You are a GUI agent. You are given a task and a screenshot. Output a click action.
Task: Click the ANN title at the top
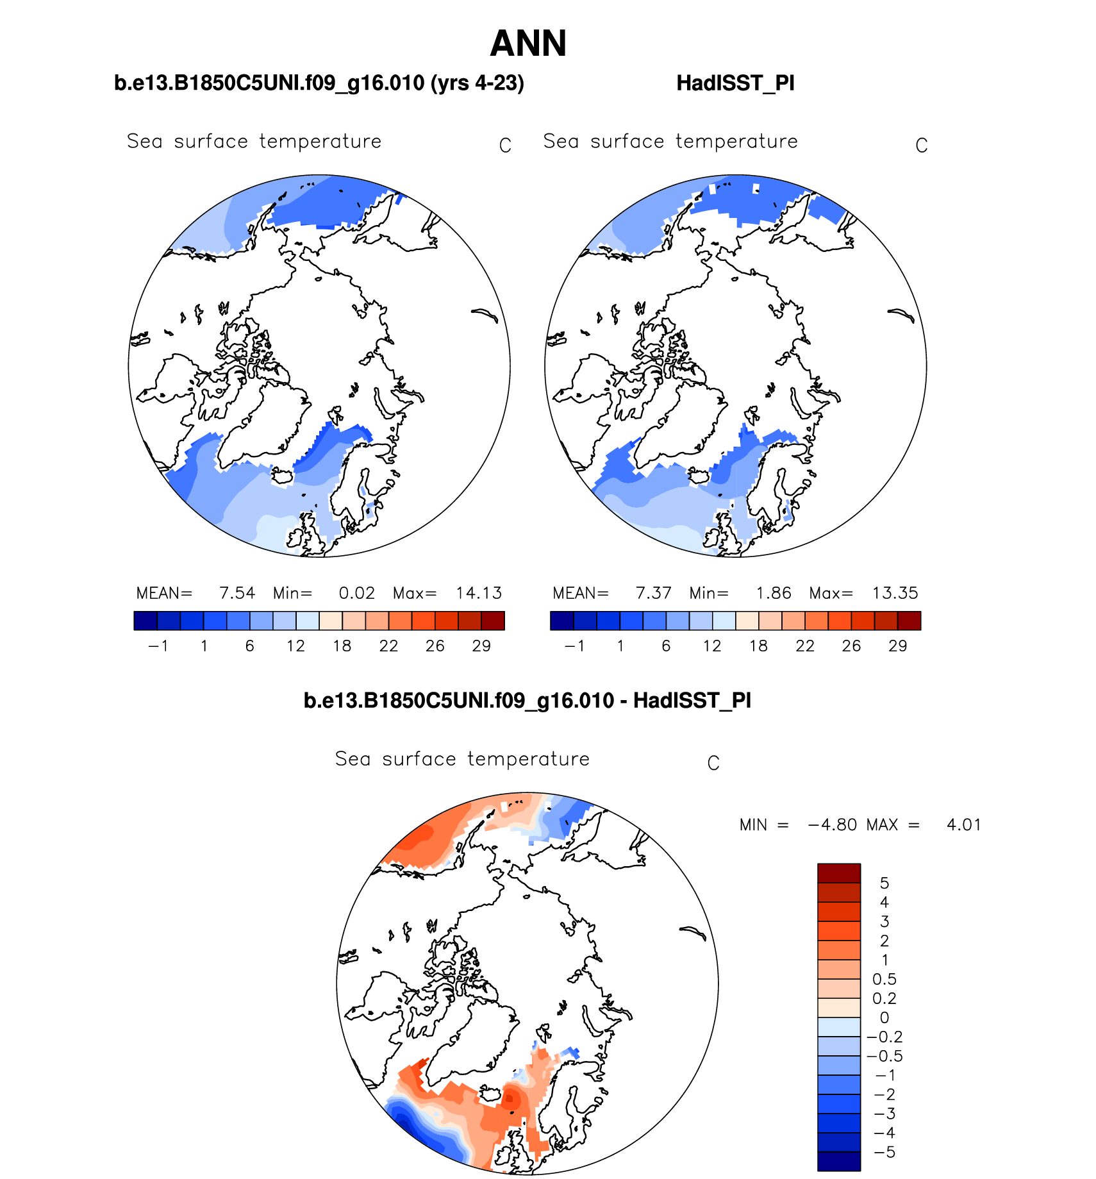click(528, 44)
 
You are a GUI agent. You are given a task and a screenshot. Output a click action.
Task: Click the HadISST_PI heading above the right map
click(735, 83)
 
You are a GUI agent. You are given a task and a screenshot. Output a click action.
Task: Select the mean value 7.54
click(237, 593)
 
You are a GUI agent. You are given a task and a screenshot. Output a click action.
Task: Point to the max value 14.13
click(479, 593)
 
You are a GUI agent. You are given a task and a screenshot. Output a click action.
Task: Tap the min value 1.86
click(774, 593)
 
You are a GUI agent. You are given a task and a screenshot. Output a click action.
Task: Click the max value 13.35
click(895, 593)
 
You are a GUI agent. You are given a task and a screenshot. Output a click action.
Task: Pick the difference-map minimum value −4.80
click(833, 825)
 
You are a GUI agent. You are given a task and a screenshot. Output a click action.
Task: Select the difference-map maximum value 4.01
click(963, 825)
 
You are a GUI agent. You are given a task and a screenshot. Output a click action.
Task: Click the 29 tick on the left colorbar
click(481, 646)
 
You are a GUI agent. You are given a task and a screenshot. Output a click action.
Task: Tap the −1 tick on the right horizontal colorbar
click(574, 646)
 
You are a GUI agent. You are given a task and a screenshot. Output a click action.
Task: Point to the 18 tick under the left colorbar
click(342, 646)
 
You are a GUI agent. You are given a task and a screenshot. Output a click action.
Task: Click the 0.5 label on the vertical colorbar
click(884, 980)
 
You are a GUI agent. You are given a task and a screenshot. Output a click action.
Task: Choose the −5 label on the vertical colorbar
click(884, 1152)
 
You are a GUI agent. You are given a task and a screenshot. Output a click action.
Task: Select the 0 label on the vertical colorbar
click(884, 1017)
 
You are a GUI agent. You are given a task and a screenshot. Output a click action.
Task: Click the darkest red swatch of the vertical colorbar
click(838, 873)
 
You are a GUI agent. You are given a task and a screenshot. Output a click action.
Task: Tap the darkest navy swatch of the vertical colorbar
click(838, 1161)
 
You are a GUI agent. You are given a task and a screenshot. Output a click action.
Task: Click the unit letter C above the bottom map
click(713, 764)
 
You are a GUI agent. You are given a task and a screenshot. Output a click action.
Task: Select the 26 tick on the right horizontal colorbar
click(851, 646)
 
